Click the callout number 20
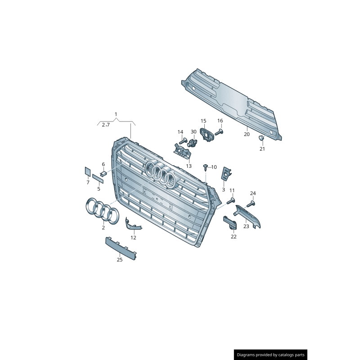tap(247, 134)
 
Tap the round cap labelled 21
tap(261, 137)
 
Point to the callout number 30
tap(193, 132)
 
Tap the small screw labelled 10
tap(205, 167)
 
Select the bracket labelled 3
tap(226, 173)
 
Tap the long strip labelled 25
tap(121, 248)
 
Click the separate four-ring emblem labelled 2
tap(102, 211)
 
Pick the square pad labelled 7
tap(88, 171)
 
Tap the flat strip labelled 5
tap(98, 179)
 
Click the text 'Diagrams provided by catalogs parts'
tap(270, 355)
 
